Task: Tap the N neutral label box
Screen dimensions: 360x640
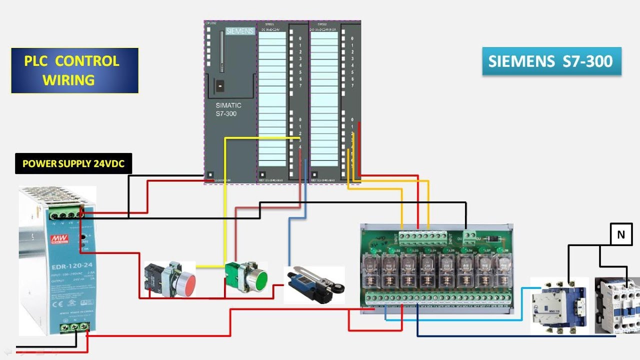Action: [621, 234]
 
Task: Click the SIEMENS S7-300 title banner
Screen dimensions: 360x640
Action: [551, 61]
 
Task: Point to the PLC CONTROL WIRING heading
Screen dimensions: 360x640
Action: [74, 70]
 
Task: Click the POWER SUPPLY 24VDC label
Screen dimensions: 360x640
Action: [73, 163]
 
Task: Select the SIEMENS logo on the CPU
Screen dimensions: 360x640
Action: [240, 31]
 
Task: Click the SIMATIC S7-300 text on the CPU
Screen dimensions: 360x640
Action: [228, 109]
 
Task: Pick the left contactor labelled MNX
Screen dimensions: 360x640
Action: [559, 305]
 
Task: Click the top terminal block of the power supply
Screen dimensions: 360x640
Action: [65, 214]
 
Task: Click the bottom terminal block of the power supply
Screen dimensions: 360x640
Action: [74, 327]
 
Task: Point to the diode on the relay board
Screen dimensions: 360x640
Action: [493, 239]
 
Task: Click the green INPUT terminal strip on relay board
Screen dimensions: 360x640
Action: [422, 236]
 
